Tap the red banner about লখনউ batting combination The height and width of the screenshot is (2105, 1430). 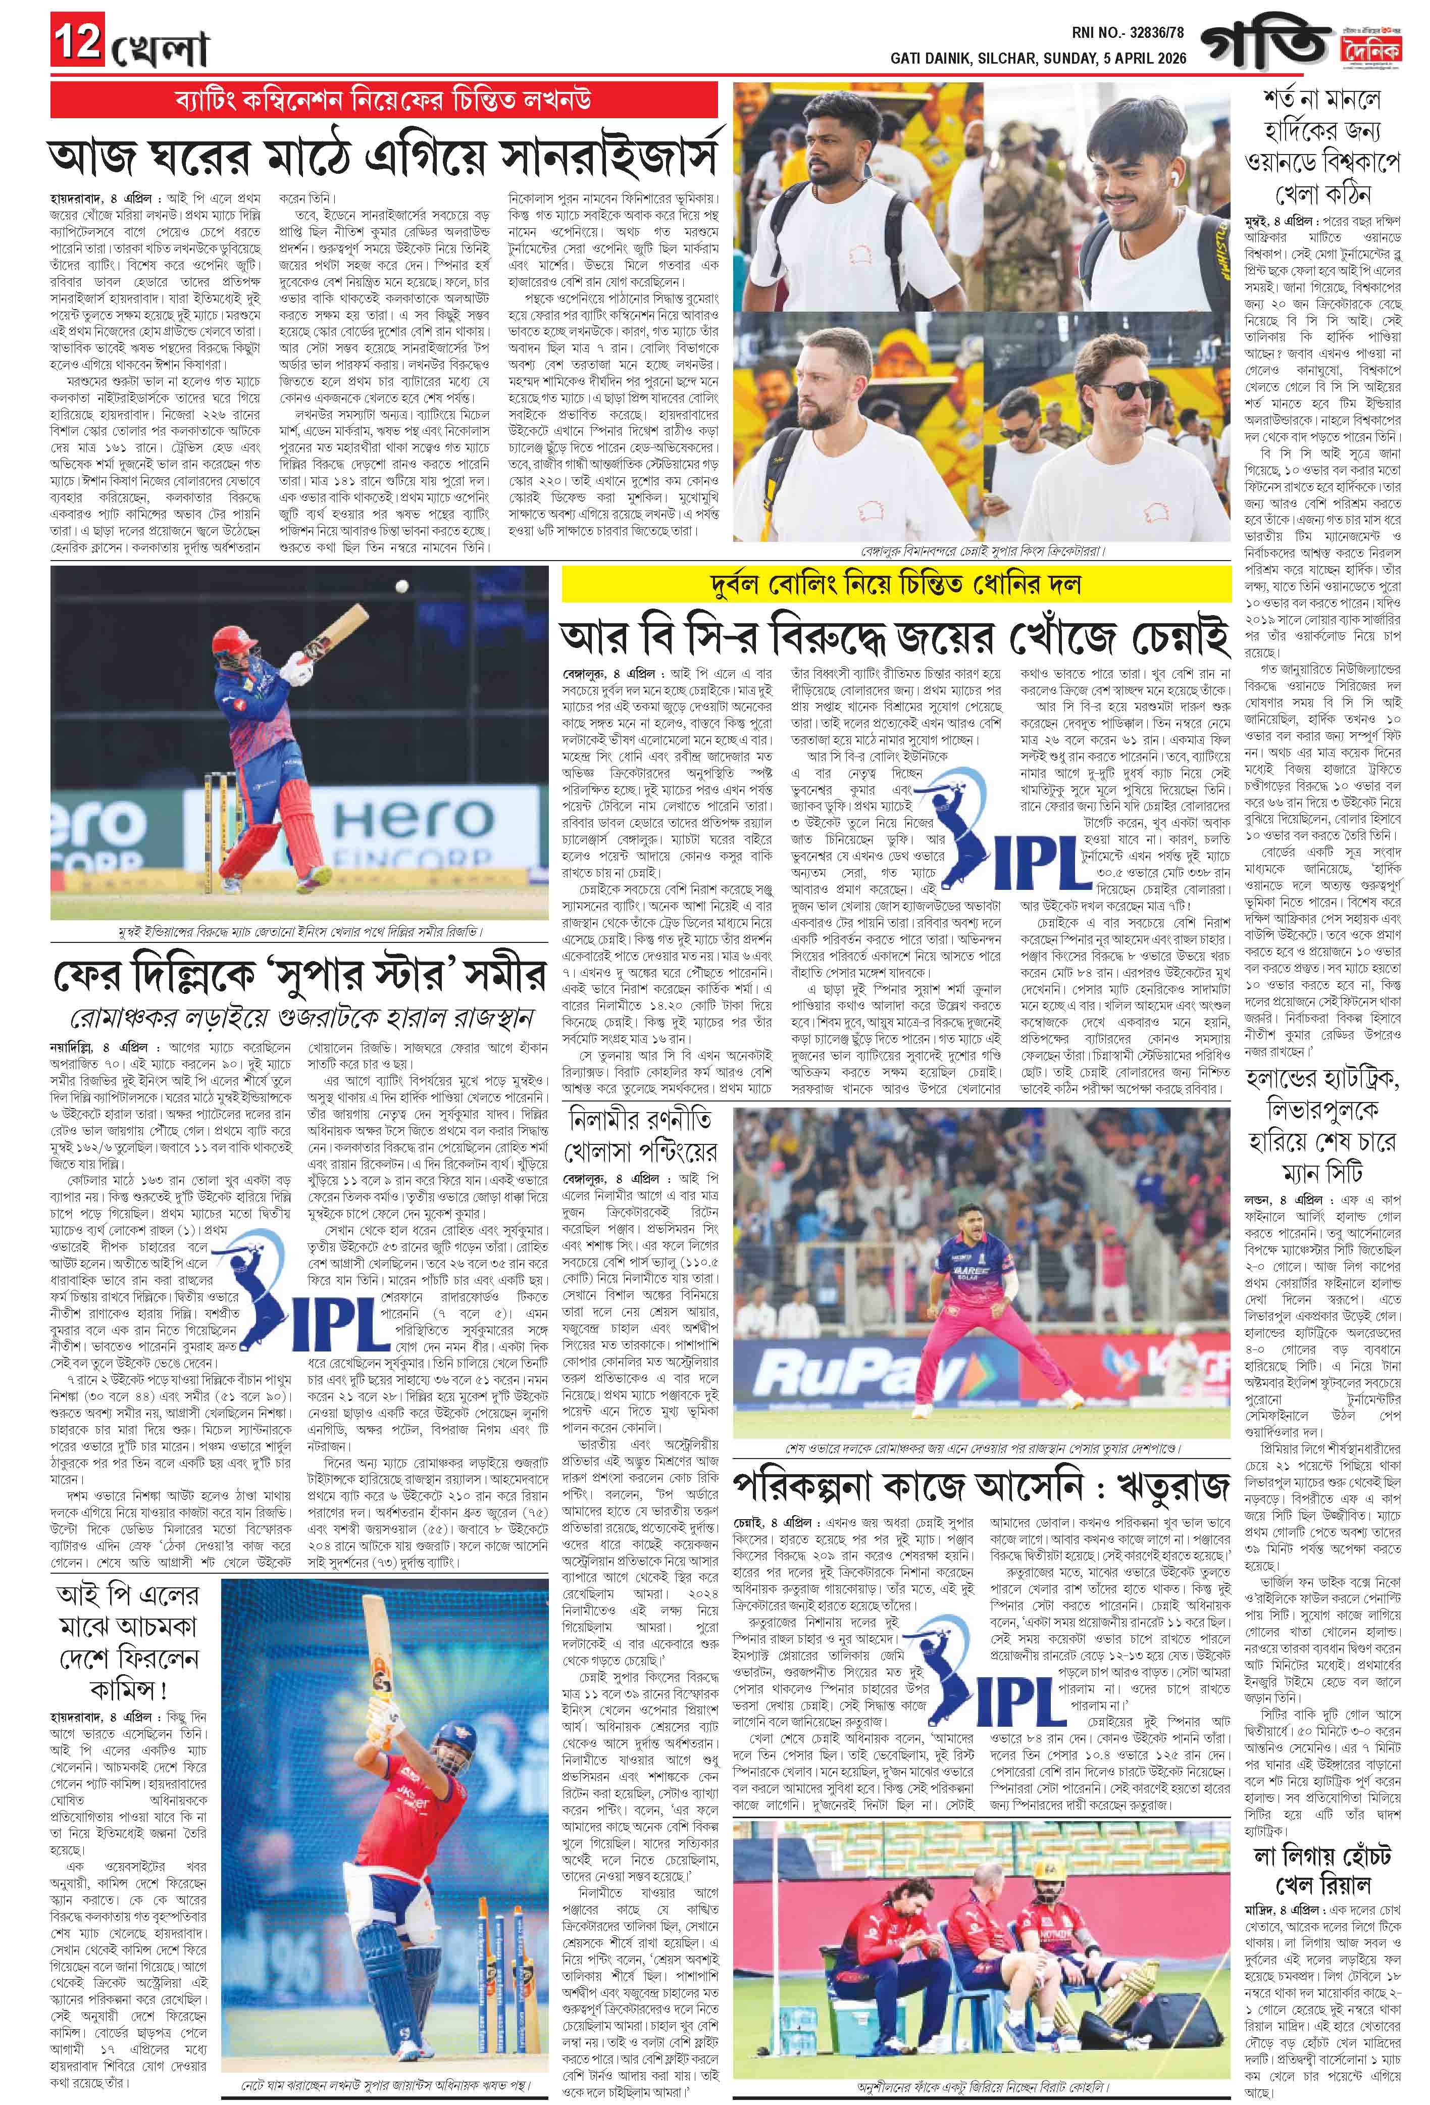385,98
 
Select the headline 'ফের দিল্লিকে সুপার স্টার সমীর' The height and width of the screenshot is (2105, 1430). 299,974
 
